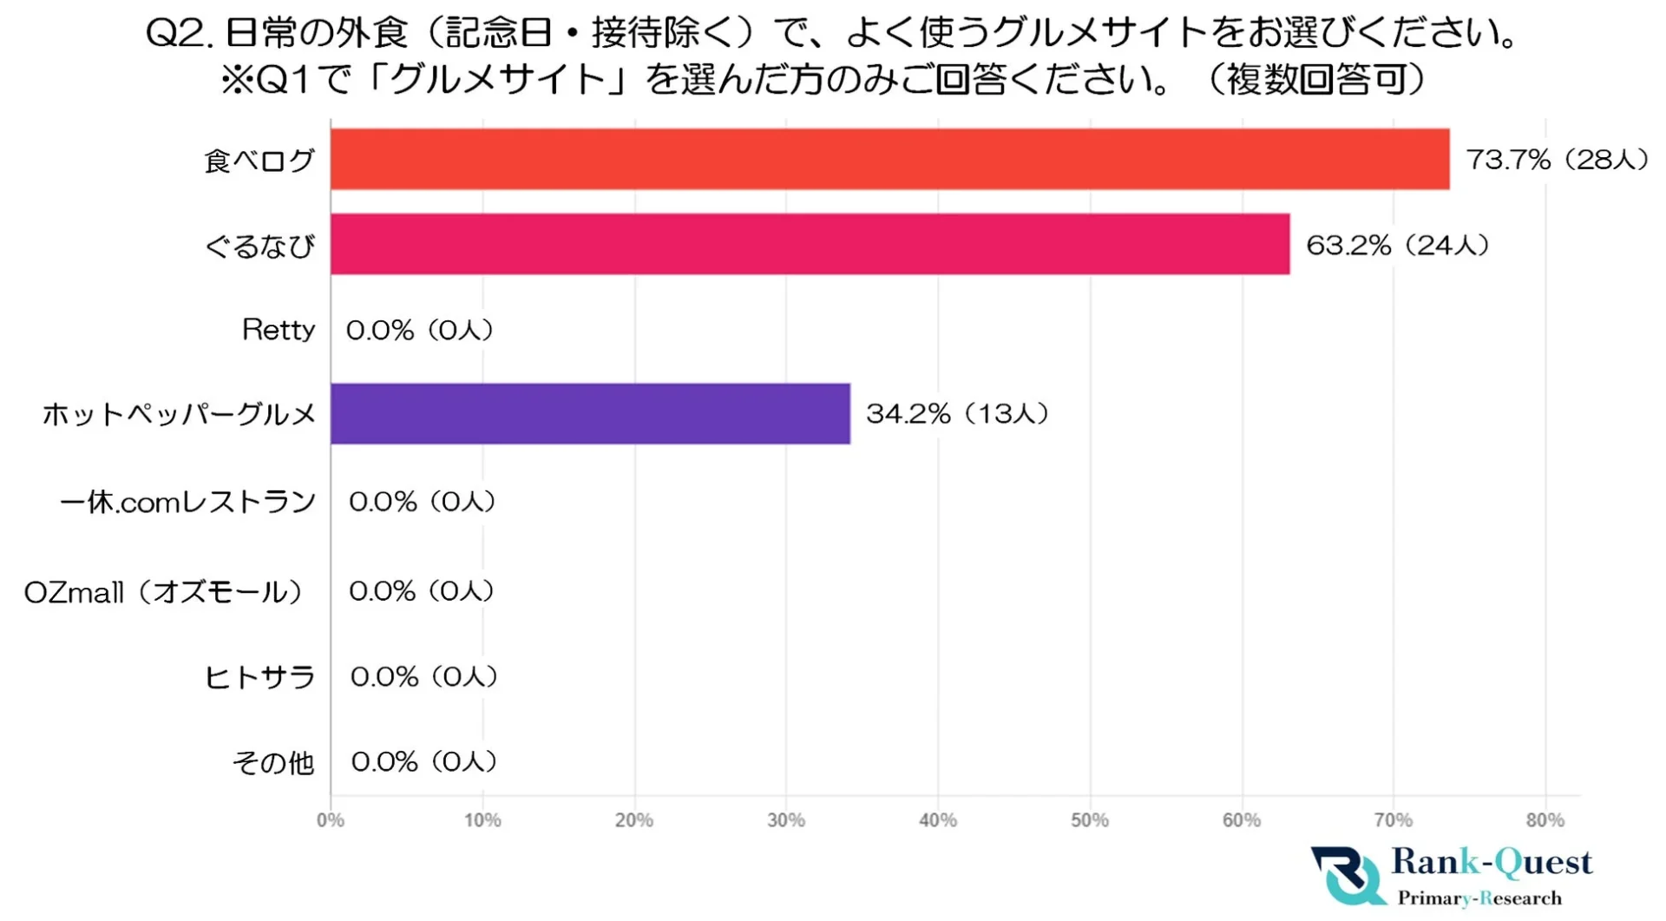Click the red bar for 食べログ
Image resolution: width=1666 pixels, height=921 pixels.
click(889, 159)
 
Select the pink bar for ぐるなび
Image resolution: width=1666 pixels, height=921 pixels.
click(810, 244)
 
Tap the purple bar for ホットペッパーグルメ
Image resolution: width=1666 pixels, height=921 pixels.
click(590, 413)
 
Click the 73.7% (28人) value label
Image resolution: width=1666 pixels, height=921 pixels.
click(1557, 159)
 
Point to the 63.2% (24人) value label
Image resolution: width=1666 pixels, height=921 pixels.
click(1397, 245)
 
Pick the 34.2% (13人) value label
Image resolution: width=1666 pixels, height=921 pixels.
click(957, 413)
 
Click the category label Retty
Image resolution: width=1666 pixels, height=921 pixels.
click(278, 330)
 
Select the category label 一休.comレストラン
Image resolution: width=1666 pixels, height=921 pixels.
click(187, 502)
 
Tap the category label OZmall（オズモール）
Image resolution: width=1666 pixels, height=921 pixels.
click(163, 592)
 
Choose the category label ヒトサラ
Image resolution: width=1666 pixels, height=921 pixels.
click(259, 676)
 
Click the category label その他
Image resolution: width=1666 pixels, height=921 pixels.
click(272, 762)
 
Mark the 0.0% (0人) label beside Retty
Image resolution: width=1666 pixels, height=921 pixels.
click(420, 330)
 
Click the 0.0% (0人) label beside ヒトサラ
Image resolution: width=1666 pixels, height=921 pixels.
click(423, 676)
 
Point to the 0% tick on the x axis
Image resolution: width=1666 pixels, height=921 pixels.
click(330, 820)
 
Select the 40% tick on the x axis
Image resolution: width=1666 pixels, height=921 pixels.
click(937, 820)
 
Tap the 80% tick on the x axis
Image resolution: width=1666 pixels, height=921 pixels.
click(1545, 820)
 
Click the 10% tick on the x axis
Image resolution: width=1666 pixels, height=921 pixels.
click(482, 820)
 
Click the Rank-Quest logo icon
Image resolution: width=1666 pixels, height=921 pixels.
click(1348, 875)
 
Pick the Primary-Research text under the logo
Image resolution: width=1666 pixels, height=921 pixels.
click(1479, 898)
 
